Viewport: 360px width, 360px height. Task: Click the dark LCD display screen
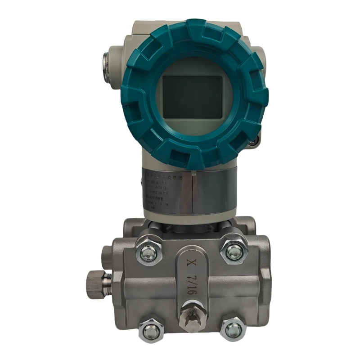point(192,96)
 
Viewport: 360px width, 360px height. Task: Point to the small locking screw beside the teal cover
point(255,141)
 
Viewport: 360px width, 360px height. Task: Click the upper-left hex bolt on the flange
point(149,254)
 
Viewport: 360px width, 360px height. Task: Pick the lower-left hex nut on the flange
point(152,331)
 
